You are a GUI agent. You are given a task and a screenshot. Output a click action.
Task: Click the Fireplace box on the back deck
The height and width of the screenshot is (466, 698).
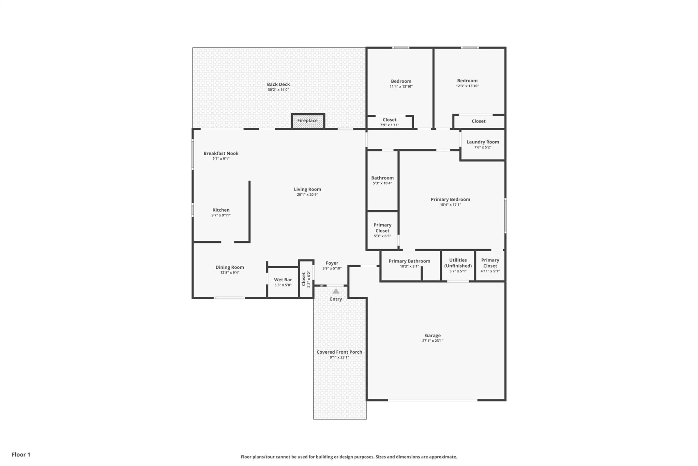307,121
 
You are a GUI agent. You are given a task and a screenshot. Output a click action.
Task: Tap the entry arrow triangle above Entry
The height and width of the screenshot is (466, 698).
336,291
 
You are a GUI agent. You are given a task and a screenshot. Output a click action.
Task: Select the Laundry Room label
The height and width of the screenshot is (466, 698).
483,142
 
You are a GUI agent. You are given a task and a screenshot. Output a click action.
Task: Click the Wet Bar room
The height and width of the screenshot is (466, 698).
283,282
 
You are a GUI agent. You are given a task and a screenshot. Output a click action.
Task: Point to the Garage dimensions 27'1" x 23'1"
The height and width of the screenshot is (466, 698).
433,341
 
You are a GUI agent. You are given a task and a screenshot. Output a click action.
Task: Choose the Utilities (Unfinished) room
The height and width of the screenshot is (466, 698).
458,265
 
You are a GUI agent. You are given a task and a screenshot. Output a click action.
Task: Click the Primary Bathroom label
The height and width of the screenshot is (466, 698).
409,261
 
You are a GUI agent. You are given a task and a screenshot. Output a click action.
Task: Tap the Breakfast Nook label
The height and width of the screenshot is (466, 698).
221,154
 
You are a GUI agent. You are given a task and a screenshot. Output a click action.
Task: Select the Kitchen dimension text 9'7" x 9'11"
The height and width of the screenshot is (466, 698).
221,215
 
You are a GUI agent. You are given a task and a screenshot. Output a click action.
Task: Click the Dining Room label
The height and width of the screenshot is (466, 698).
230,267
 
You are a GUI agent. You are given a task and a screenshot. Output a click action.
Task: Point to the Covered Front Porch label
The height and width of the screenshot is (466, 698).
339,352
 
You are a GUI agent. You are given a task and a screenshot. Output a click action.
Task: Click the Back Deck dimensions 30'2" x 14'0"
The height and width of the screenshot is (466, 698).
278,90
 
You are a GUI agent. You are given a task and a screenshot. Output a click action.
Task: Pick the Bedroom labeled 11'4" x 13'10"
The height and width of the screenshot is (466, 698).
401,84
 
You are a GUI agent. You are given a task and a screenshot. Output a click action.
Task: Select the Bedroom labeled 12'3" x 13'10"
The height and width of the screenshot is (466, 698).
467,83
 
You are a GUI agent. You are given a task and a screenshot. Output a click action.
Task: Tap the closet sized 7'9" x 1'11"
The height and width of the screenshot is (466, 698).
390,122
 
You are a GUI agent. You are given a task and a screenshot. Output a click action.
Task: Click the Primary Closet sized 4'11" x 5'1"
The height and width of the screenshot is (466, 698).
490,265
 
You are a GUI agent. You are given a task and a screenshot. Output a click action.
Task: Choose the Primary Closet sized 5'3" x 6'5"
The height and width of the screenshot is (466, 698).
382,230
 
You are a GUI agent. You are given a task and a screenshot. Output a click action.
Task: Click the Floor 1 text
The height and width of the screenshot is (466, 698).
21,454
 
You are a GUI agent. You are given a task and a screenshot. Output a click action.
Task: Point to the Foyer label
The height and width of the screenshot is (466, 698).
332,263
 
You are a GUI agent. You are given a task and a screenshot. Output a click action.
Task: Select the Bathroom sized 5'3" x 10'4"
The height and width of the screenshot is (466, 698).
382,180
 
